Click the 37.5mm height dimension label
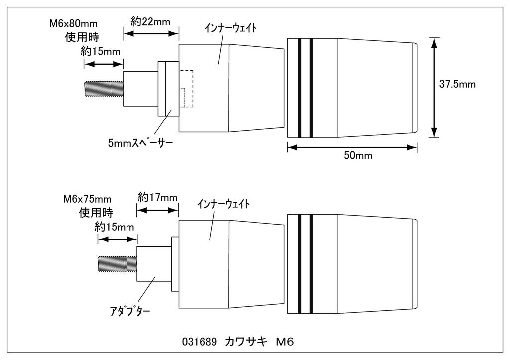click(457, 84)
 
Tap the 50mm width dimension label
click(358, 155)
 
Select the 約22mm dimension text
click(151, 22)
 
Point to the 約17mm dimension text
click(157, 197)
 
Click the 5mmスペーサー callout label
click(140, 143)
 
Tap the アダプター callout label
click(130, 312)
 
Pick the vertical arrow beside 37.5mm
click(435, 87)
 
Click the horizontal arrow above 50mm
click(352, 147)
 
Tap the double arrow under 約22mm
click(151, 34)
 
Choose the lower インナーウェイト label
click(223, 204)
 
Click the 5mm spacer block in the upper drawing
click(168, 89)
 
